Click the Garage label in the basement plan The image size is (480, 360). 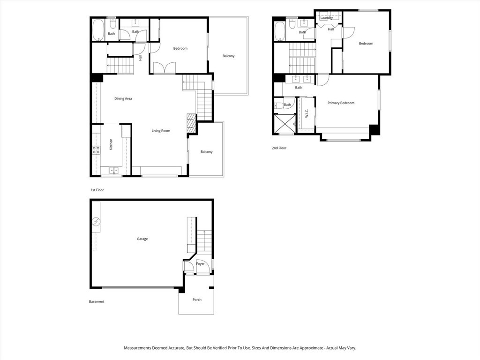142,239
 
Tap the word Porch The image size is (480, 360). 197,300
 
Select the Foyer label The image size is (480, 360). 200,264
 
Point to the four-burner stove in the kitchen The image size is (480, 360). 96,150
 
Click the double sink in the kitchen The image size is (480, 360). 113,171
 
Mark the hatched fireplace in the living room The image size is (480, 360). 191,123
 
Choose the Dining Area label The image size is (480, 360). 123,98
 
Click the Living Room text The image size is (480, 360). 161,131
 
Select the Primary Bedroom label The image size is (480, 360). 341,103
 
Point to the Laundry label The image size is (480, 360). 326,18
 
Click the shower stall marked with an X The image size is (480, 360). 285,124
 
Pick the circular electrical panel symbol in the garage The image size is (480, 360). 96,221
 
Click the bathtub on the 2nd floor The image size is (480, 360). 279,31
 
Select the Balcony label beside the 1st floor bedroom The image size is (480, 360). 228,56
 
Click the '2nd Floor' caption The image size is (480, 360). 279,148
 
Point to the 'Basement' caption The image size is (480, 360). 97,301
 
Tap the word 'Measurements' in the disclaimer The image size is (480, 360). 138,348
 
